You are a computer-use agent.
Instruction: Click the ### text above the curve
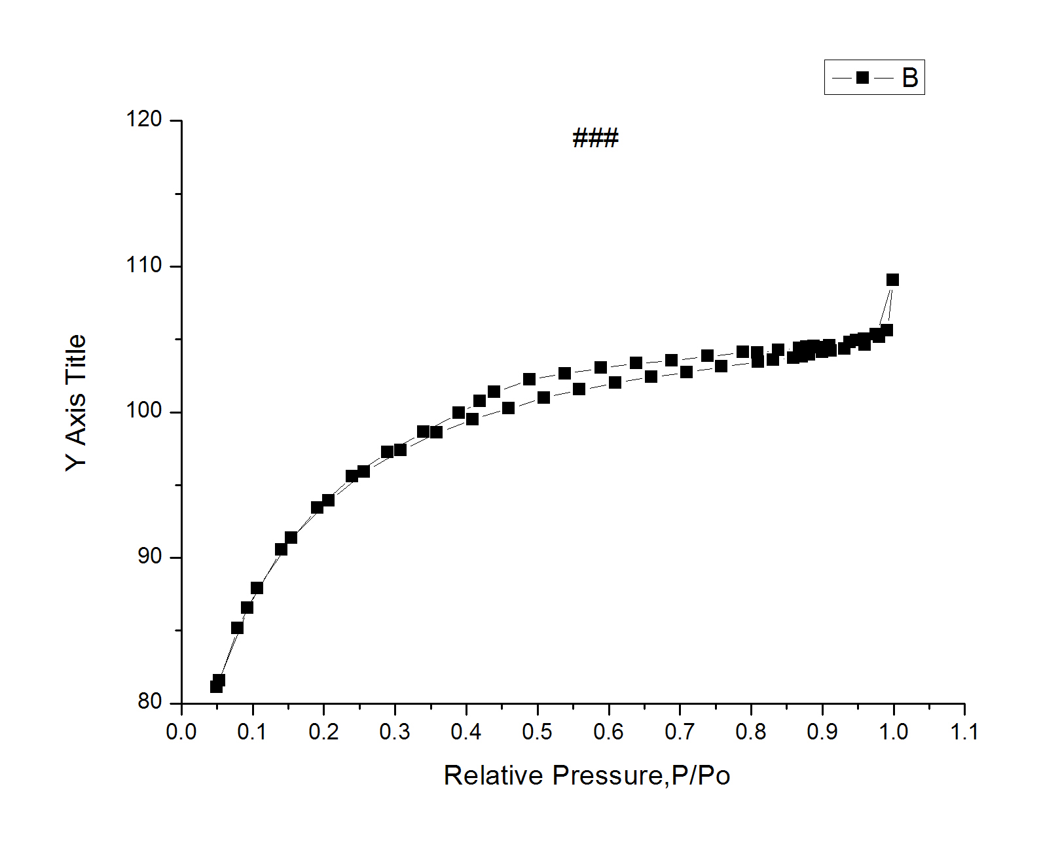click(x=595, y=138)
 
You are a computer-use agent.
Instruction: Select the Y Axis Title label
click(x=76, y=402)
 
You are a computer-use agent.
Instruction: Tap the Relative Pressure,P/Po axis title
click(x=587, y=775)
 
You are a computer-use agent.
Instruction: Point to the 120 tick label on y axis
click(x=144, y=119)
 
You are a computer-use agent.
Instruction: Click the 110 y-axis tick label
click(x=144, y=265)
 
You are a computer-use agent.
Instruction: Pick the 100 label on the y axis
click(x=144, y=411)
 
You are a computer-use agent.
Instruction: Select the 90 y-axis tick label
click(x=149, y=556)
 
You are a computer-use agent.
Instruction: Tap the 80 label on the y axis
click(x=149, y=701)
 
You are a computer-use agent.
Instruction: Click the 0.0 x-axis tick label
click(x=181, y=732)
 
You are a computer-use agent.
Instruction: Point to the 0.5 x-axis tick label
click(x=538, y=732)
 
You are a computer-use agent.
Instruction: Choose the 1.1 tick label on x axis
click(x=964, y=732)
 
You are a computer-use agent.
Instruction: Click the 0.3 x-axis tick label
click(x=395, y=732)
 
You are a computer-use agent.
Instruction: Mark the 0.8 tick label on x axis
click(x=751, y=732)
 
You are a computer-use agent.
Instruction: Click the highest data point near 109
click(x=892, y=280)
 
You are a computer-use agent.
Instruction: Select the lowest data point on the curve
click(x=216, y=686)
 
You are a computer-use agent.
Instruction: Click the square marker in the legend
click(x=862, y=78)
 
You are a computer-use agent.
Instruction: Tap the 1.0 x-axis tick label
click(x=893, y=732)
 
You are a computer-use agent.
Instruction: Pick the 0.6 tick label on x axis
click(x=609, y=732)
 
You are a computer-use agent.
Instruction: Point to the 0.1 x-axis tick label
click(x=253, y=732)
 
